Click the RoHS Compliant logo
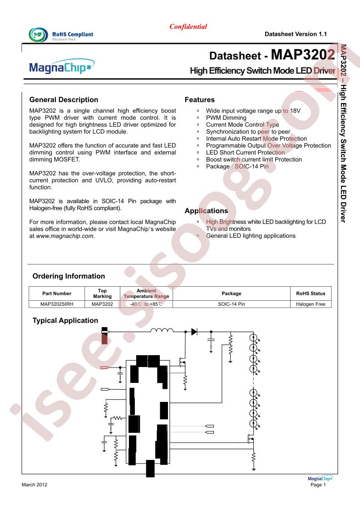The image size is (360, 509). pyautogui.click(x=61, y=35)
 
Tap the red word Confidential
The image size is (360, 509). pyautogui.click(x=188, y=27)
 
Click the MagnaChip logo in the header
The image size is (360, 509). pyautogui.click(x=62, y=69)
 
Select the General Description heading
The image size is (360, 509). pyautogui.click(x=64, y=100)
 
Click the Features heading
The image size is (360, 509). pyautogui.click(x=200, y=100)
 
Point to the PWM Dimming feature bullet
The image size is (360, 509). pyautogui.click(x=226, y=117)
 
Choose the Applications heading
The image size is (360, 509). pyautogui.click(x=206, y=211)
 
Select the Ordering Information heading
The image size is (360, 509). pyautogui.click(x=69, y=276)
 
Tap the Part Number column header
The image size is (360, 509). pyautogui.click(x=57, y=294)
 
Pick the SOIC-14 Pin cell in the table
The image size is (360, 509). pyautogui.click(x=231, y=304)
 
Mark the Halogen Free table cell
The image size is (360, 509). pyautogui.click(x=311, y=304)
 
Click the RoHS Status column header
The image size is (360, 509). pyautogui.click(x=311, y=294)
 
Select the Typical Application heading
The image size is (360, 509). pyautogui.click(x=65, y=321)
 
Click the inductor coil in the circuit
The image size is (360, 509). pyautogui.click(x=162, y=331)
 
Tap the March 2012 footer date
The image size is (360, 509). pyautogui.click(x=35, y=485)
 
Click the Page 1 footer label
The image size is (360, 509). pyautogui.click(x=318, y=485)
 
